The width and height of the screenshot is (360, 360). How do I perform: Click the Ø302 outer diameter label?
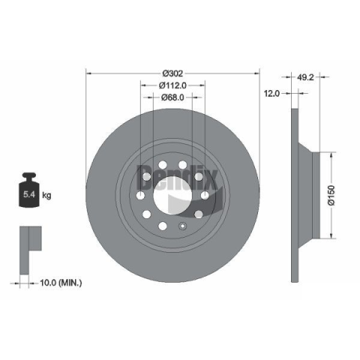click(x=172, y=73)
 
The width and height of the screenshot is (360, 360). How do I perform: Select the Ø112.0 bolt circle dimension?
click(x=172, y=85)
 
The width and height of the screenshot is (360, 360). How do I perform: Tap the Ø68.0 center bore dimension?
click(x=172, y=97)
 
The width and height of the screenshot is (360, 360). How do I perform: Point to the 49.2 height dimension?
click(x=305, y=77)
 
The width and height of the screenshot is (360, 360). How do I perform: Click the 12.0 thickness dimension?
click(x=271, y=94)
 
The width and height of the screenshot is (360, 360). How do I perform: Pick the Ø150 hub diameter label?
click(x=331, y=195)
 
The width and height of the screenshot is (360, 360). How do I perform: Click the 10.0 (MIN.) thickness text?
click(x=61, y=283)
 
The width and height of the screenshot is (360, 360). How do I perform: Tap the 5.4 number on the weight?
click(x=29, y=194)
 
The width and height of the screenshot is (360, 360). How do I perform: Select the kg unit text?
click(x=46, y=195)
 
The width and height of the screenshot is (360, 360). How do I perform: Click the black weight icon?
click(x=29, y=190)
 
